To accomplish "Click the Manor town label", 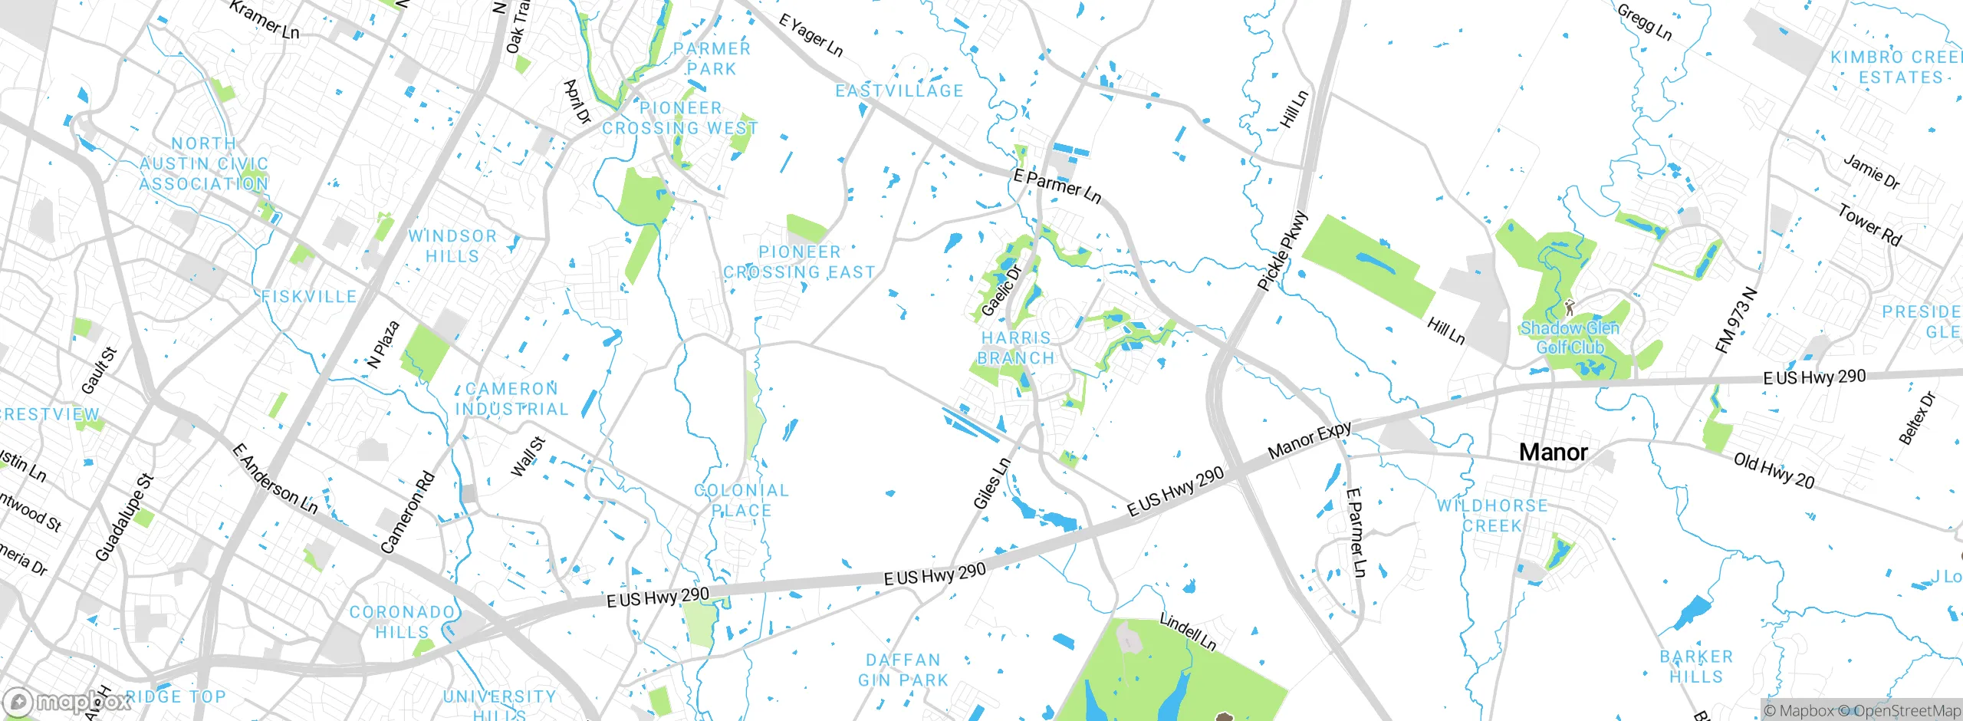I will (x=1553, y=452).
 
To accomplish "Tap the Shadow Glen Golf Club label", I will (x=1570, y=337).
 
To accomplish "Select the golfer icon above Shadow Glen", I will (x=1570, y=308).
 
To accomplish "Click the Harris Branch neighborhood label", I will (x=1016, y=347).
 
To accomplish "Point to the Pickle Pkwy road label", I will (x=1281, y=251).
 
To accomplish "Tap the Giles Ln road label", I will (x=991, y=484).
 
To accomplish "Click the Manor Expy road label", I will (x=1310, y=440).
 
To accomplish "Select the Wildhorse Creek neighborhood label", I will (x=1492, y=515).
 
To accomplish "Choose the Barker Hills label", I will (x=1696, y=667).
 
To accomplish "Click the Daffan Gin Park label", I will (x=903, y=670).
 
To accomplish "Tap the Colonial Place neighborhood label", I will (x=741, y=500).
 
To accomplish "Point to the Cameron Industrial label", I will (x=512, y=399).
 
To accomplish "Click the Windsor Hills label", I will (x=452, y=245).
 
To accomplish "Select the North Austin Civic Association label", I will (x=204, y=163).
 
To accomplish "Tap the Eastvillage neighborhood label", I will (x=899, y=91).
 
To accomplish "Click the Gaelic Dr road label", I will (x=1001, y=291).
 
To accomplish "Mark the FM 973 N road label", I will (x=1736, y=320).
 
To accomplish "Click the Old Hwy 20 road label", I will (x=1774, y=471).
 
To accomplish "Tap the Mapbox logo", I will (x=67, y=702).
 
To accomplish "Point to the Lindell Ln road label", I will (x=1187, y=631).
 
